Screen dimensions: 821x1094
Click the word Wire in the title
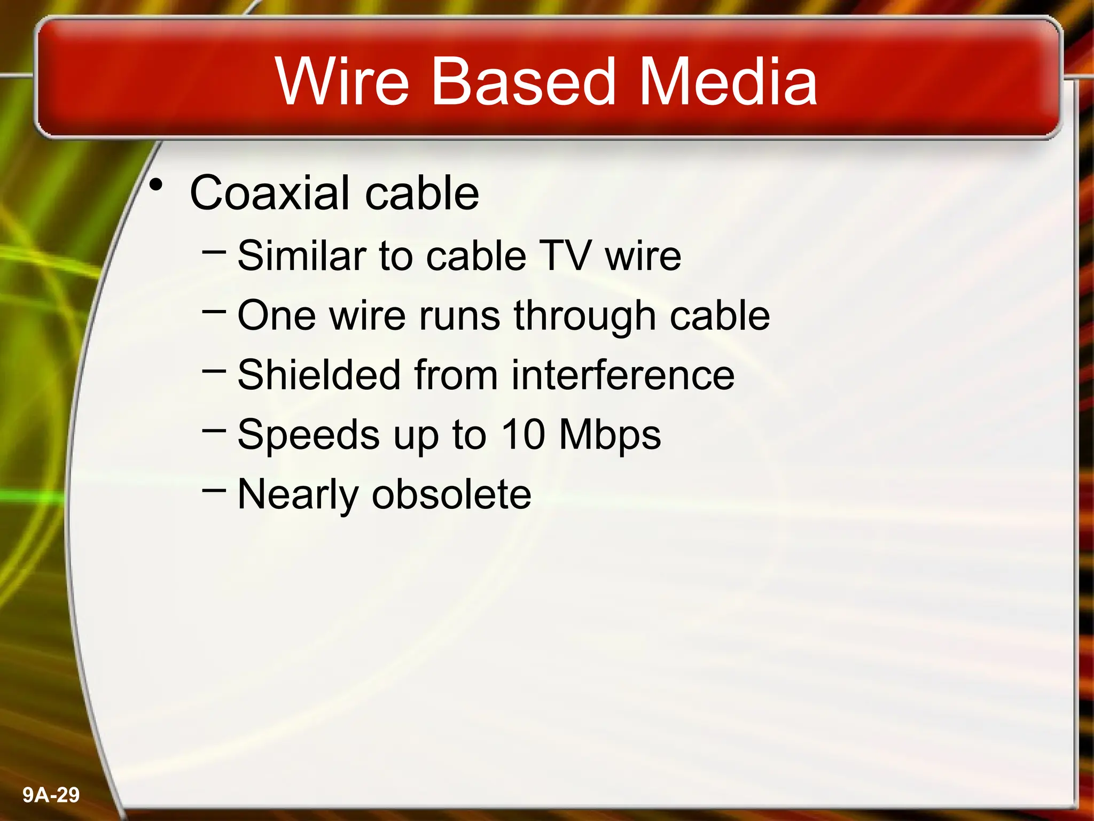342,82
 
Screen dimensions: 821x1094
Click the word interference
623,375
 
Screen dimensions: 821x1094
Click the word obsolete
451,494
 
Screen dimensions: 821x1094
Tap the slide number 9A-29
51,795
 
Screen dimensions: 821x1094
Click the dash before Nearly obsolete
215,489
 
